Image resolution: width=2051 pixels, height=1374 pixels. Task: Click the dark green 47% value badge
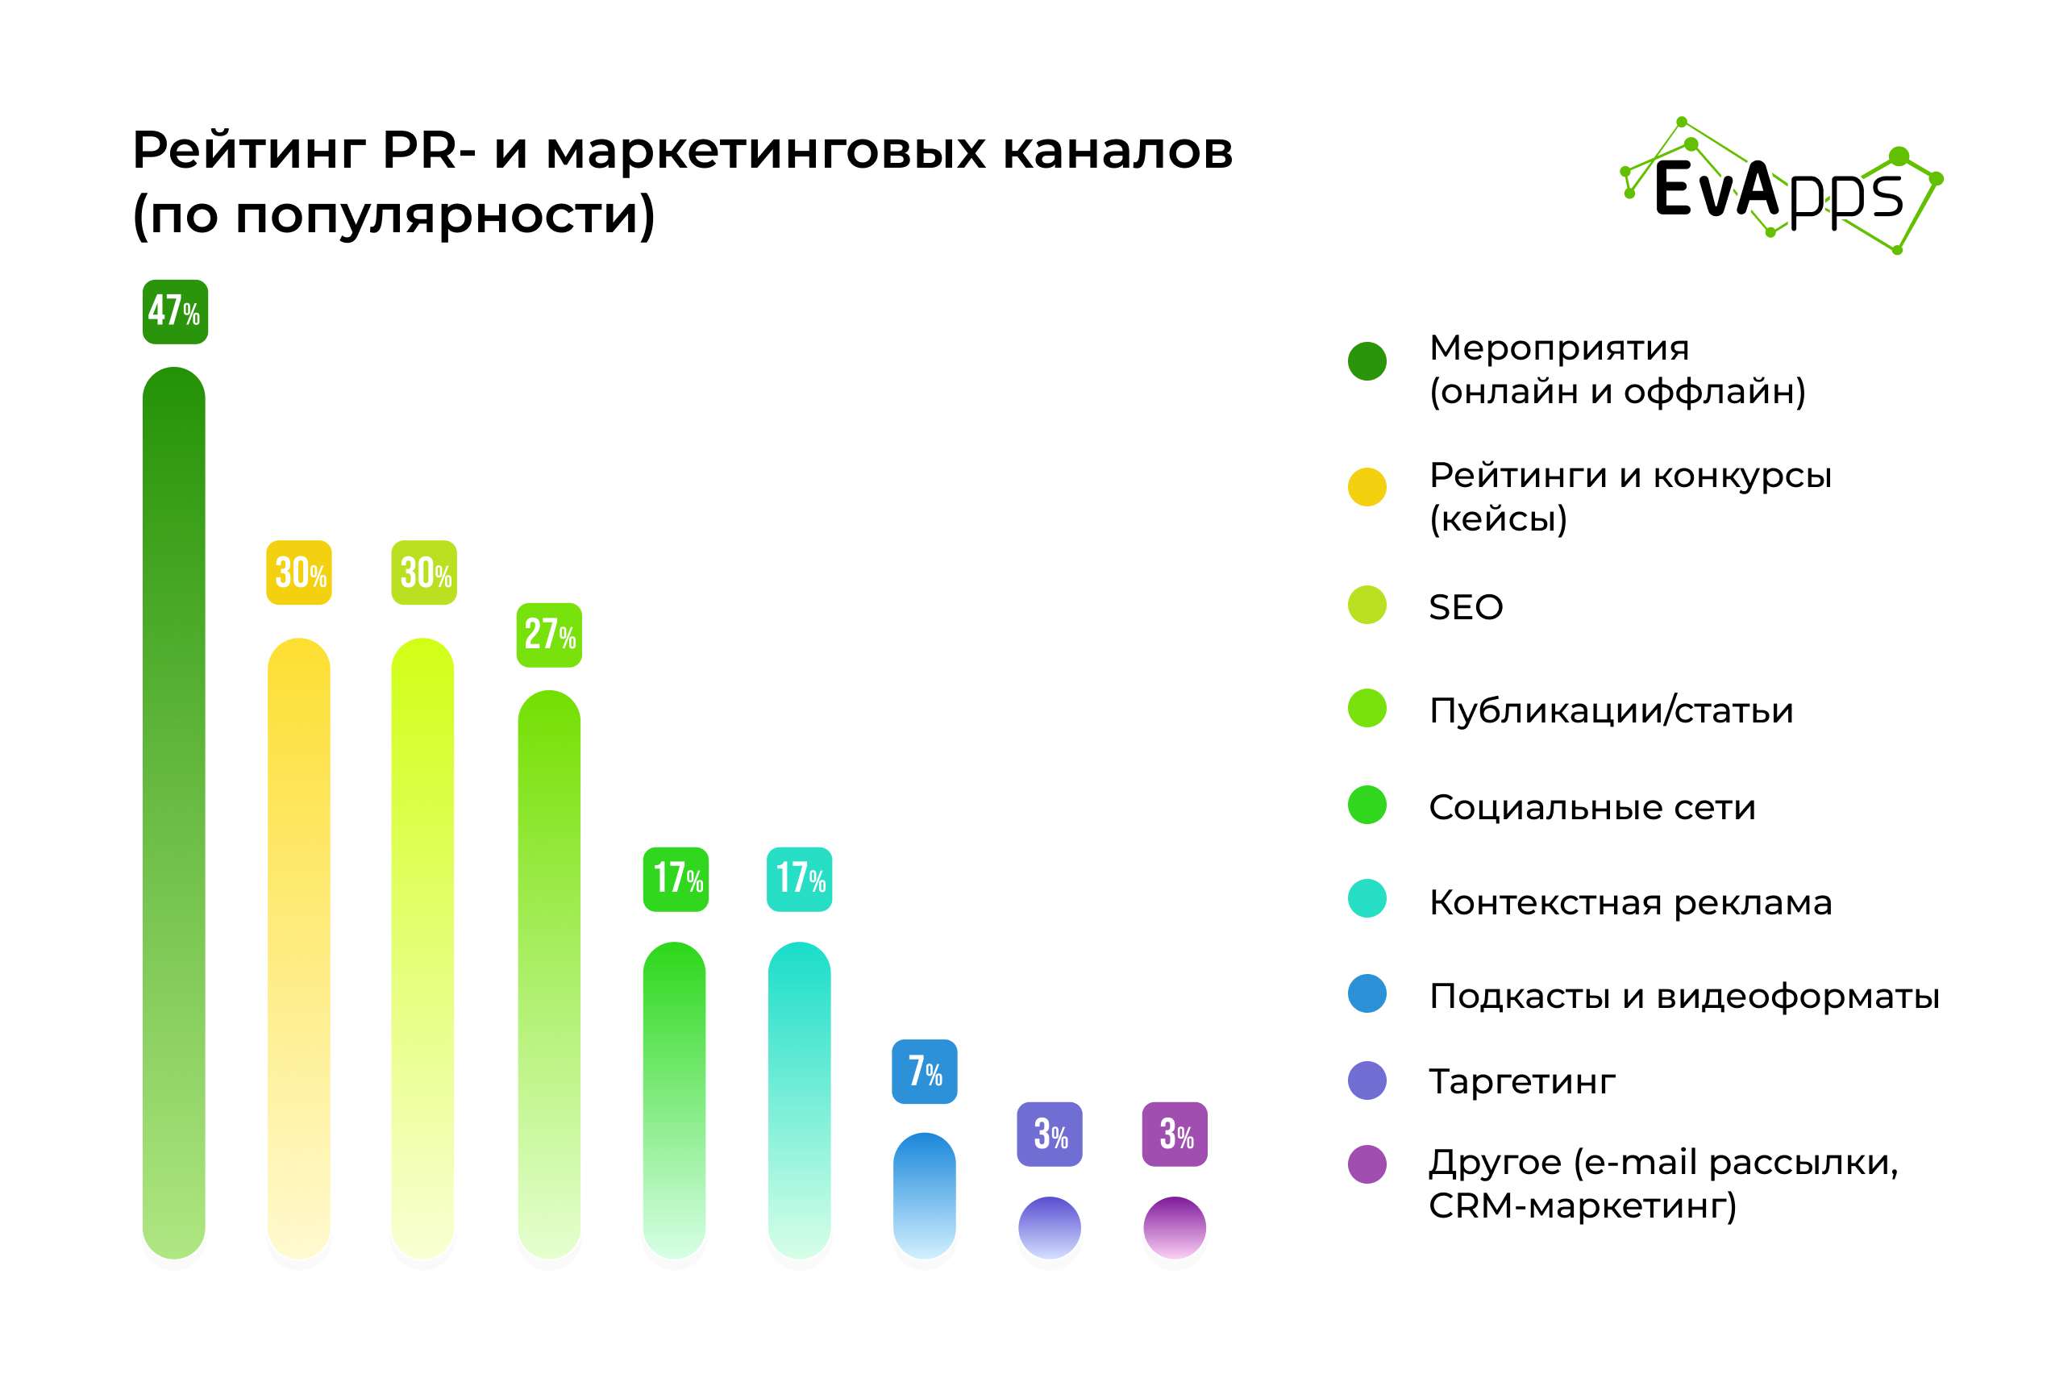click(x=175, y=312)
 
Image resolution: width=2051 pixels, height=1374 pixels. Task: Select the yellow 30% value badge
click(x=299, y=572)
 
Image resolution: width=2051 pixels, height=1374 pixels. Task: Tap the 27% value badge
click(x=549, y=635)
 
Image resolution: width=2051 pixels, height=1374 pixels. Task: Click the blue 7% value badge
click(x=924, y=1072)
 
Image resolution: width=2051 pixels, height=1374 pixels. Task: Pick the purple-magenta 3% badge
click(x=1175, y=1134)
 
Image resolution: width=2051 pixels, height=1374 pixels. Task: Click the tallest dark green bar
click(x=174, y=812)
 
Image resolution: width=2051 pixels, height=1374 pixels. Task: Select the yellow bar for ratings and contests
click(x=299, y=948)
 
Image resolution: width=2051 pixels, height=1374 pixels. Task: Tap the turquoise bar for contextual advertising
click(x=800, y=1101)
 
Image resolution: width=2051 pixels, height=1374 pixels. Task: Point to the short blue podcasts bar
click(x=924, y=1196)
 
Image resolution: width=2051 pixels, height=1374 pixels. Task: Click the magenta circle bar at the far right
click(x=1175, y=1228)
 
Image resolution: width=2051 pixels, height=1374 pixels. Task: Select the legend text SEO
click(x=1466, y=607)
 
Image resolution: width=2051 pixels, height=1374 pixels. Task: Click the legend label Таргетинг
click(x=1522, y=1082)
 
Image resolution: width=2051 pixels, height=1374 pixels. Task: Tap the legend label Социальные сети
click(x=1592, y=807)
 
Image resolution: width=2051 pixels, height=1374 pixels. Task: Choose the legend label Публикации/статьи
click(x=1611, y=710)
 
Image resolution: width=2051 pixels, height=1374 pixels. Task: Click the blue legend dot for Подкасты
click(x=1367, y=993)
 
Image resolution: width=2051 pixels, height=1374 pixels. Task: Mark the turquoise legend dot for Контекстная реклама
click(x=1367, y=898)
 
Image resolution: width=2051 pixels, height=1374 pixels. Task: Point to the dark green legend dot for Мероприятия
click(x=1367, y=361)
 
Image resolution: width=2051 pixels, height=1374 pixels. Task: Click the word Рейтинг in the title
click(x=249, y=152)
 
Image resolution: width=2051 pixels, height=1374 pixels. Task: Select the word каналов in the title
click(x=1117, y=152)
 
